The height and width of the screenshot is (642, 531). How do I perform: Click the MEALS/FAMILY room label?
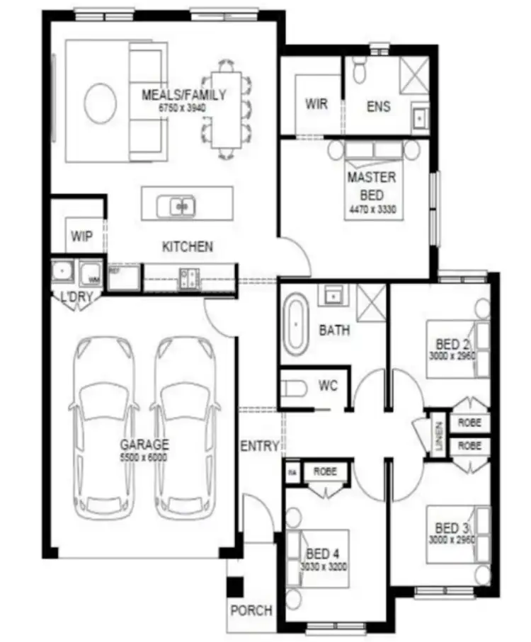[183, 95]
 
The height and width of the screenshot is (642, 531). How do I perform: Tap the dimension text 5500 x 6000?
[144, 457]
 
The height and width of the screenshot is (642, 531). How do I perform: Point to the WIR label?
[316, 104]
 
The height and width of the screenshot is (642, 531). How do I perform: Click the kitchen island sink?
[183, 206]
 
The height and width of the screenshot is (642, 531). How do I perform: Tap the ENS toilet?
[358, 70]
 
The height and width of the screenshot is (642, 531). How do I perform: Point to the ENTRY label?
[259, 446]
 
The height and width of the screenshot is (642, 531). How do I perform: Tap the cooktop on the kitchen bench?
[189, 277]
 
